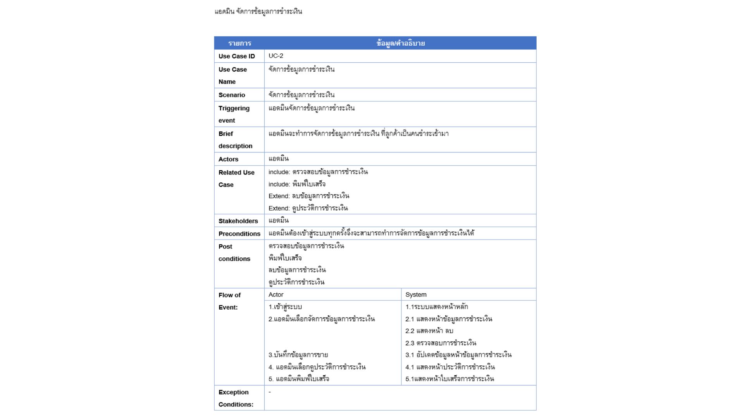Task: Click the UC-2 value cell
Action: click(276, 56)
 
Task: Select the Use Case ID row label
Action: click(236, 56)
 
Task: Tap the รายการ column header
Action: click(239, 43)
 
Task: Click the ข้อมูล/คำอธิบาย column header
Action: click(400, 43)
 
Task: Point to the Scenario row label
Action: click(232, 95)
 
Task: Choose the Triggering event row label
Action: click(234, 114)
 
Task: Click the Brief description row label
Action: click(235, 140)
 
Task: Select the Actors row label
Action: click(228, 159)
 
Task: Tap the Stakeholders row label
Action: click(238, 221)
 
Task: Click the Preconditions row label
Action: click(239, 234)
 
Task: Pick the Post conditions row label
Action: click(234, 253)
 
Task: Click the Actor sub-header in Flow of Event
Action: click(276, 295)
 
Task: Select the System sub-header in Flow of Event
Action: click(416, 295)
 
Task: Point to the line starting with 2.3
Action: click(441, 343)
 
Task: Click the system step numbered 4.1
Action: click(450, 367)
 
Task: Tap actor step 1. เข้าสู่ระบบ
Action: click(285, 307)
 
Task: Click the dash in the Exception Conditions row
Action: click(270, 392)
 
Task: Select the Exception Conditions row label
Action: click(236, 398)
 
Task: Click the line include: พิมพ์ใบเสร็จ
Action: click(297, 184)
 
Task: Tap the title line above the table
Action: click(258, 12)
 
